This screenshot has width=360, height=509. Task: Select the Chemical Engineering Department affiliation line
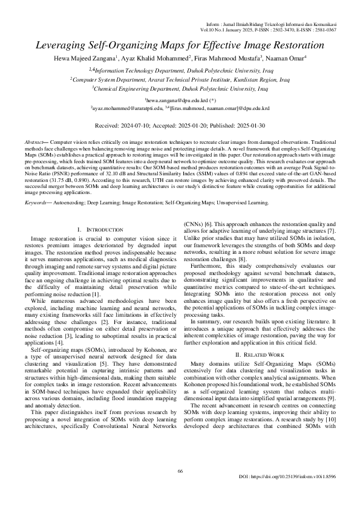[x=180, y=88]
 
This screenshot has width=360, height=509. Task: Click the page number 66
[x=180, y=488]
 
